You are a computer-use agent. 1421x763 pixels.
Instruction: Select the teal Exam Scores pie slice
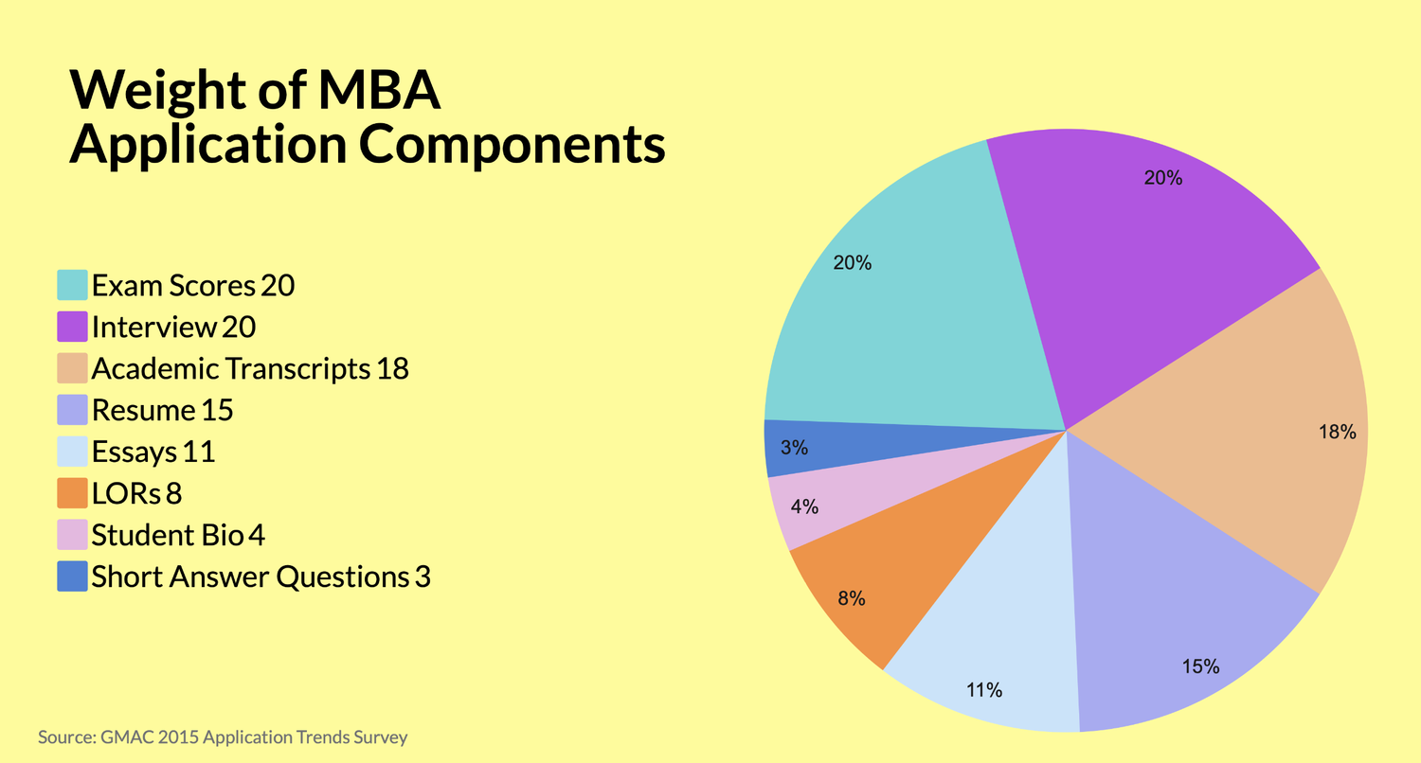pyautogui.click(x=909, y=312)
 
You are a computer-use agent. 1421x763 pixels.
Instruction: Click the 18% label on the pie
pyautogui.click(x=1337, y=432)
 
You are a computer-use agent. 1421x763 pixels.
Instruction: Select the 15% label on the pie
pyautogui.click(x=1199, y=666)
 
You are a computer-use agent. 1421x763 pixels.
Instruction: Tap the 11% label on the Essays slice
pyautogui.click(x=983, y=690)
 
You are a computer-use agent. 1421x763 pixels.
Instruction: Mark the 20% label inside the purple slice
pyautogui.click(x=1162, y=177)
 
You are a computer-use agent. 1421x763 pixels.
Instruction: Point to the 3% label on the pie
pyautogui.click(x=794, y=448)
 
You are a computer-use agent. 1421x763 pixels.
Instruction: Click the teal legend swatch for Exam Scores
pyautogui.click(x=73, y=285)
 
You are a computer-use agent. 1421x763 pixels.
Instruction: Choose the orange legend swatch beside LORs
pyautogui.click(x=73, y=493)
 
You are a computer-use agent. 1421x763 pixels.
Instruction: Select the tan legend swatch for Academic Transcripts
pyautogui.click(x=73, y=368)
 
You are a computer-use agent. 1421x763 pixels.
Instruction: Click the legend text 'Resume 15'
pyautogui.click(x=162, y=410)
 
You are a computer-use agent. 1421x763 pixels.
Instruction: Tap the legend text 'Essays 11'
pyautogui.click(x=153, y=452)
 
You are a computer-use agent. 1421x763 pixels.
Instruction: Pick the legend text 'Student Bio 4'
pyautogui.click(x=178, y=535)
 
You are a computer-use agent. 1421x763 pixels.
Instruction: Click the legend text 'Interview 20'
pyautogui.click(x=173, y=327)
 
